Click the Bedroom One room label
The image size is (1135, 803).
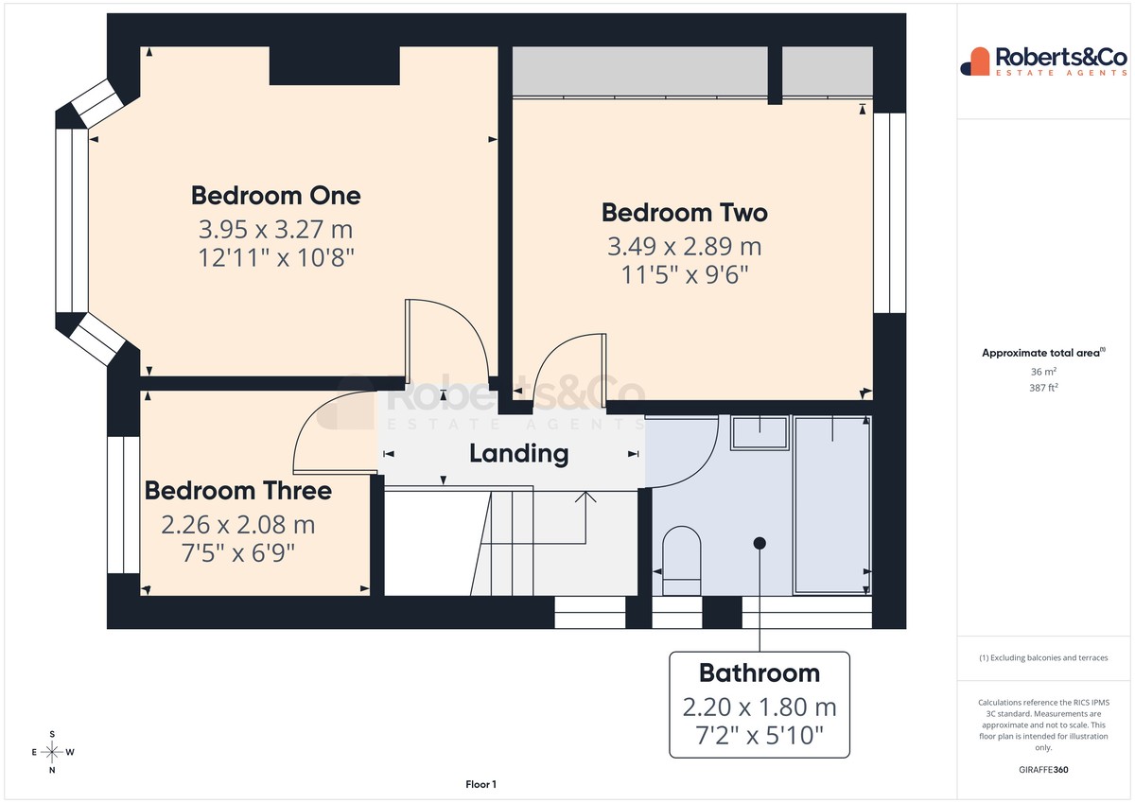click(275, 196)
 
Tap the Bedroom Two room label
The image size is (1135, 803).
click(685, 213)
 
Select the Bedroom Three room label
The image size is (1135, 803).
click(238, 491)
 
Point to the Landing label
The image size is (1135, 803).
click(519, 454)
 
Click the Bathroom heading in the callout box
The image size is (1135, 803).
click(760, 673)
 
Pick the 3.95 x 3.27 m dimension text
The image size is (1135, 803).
click(275, 230)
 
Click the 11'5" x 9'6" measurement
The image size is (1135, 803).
click(685, 275)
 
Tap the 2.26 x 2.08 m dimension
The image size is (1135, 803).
click(238, 525)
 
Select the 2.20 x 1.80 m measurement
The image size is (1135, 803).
click(760, 707)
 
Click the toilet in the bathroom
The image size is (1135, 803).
click(682, 560)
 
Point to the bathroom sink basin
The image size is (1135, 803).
click(760, 432)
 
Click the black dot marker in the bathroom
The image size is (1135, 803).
click(760, 543)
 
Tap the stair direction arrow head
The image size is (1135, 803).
click(585, 497)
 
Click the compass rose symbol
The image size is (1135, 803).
click(52, 752)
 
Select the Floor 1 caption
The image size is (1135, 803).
click(480, 784)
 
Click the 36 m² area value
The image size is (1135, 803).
click(1043, 372)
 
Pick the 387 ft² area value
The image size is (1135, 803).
click(1043, 388)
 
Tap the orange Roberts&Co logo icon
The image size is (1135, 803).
click(975, 62)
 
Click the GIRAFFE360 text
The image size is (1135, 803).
click(1043, 770)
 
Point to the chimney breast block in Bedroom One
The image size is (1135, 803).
click(335, 66)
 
